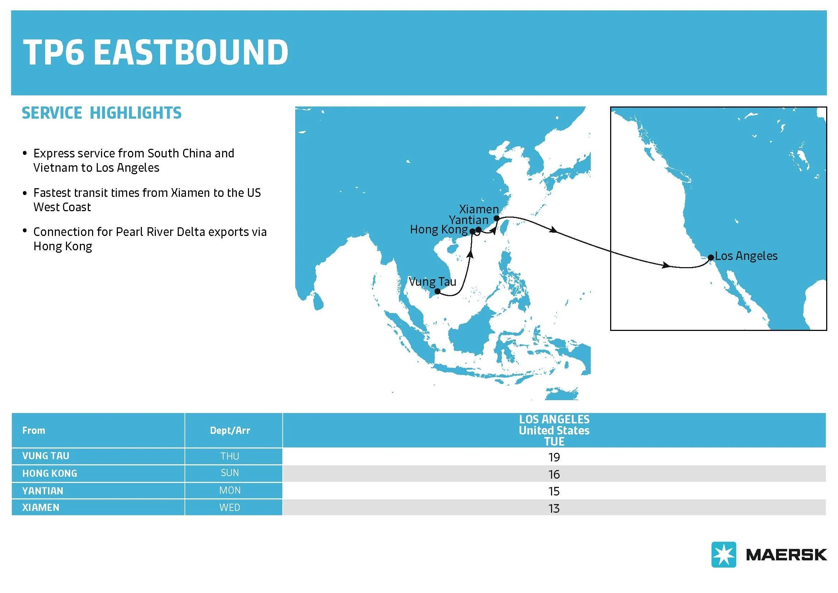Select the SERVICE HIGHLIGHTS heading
pyautogui.click(x=101, y=113)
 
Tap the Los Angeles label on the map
pyautogui.click(x=746, y=256)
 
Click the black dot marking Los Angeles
pyautogui.click(x=710, y=257)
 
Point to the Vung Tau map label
pyautogui.click(x=432, y=282)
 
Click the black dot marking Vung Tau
pyautogui.click(x=437, y=291)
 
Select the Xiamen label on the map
pyautogui.click(x=479, y=209)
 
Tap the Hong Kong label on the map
pyautogui.click(x=439, y=230)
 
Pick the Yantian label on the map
pyautogui.click(x=469, y=220)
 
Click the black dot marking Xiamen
pyautogui.click(x=496, y=218)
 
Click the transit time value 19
pyautogui.click(x=554, y=457)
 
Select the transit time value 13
pyautogui.click(x=554, y=508)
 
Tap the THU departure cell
pyautogui.click(x=230, y=456)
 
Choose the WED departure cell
pyautogui.click(x=230, y=508)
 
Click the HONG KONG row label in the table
pyautogui.click(x=50, y=474)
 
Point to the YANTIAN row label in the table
pyautogui.click(x=43, y=491)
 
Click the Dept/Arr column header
pyautogui.click(x=230, y=431)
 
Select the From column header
pyautogui.click(x=34, y=431)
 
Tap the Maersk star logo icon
pyautogui.click(x=723, y=554)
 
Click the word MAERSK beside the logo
pyautogui.click(x=786, y=555)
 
